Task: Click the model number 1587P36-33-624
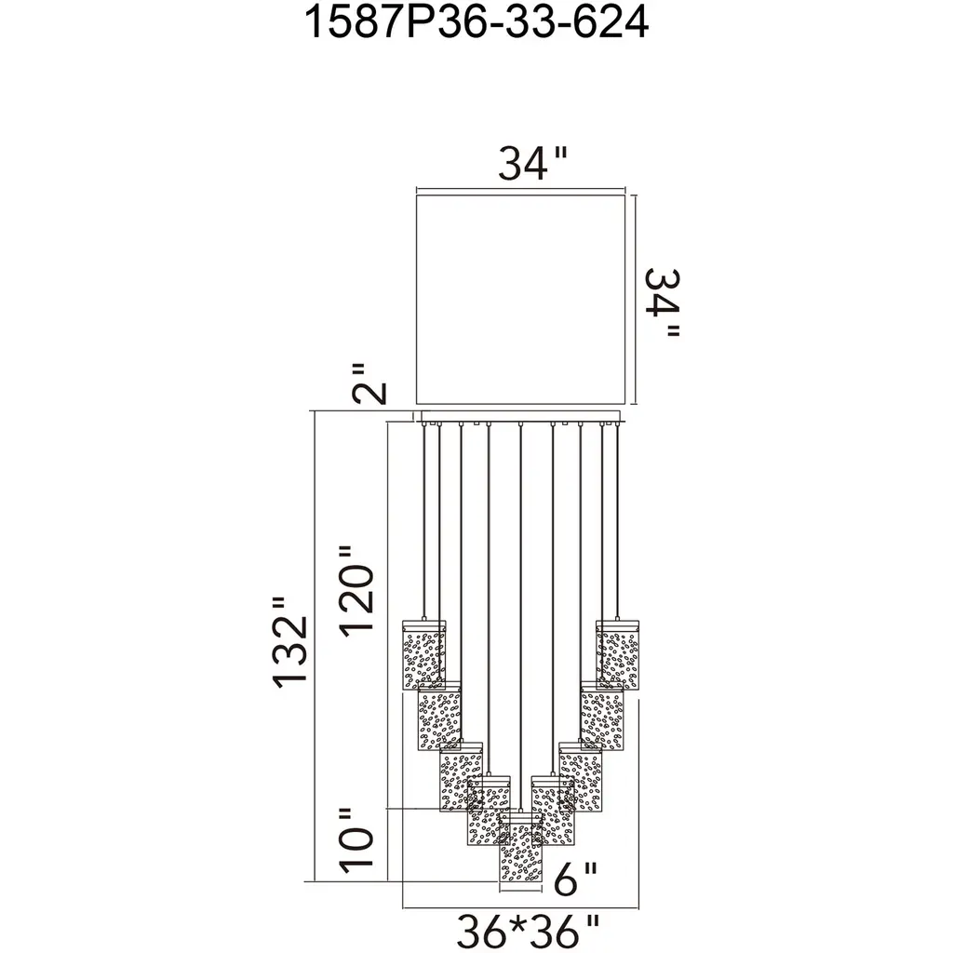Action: (476, 22)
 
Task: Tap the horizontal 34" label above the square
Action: (532, 163)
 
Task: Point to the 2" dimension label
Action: (369, 384)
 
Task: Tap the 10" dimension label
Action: (356, 841)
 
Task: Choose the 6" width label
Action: (575, 879)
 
